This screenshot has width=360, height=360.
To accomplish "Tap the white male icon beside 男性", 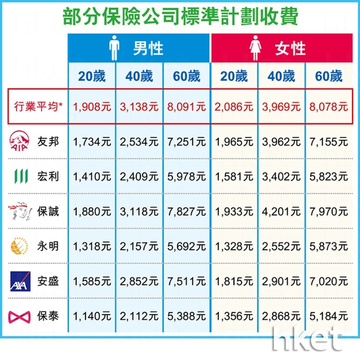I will pos(114,49).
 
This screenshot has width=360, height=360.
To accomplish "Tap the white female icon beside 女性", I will pos(256,49).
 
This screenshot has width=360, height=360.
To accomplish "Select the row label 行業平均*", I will pos(37,107).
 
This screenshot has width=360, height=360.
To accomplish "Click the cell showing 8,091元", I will pos(186,107).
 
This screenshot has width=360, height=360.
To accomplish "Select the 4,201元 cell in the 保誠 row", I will pos(281,211).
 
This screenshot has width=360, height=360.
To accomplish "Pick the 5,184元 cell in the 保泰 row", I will pos(328,316).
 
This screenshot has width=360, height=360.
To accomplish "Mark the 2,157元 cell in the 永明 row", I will pos(139,247).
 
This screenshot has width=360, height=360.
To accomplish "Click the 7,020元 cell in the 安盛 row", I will pos(328,282).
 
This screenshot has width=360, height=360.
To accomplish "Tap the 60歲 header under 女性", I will pos(328,76).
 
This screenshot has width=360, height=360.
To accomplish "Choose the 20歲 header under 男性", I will pos(92,76).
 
